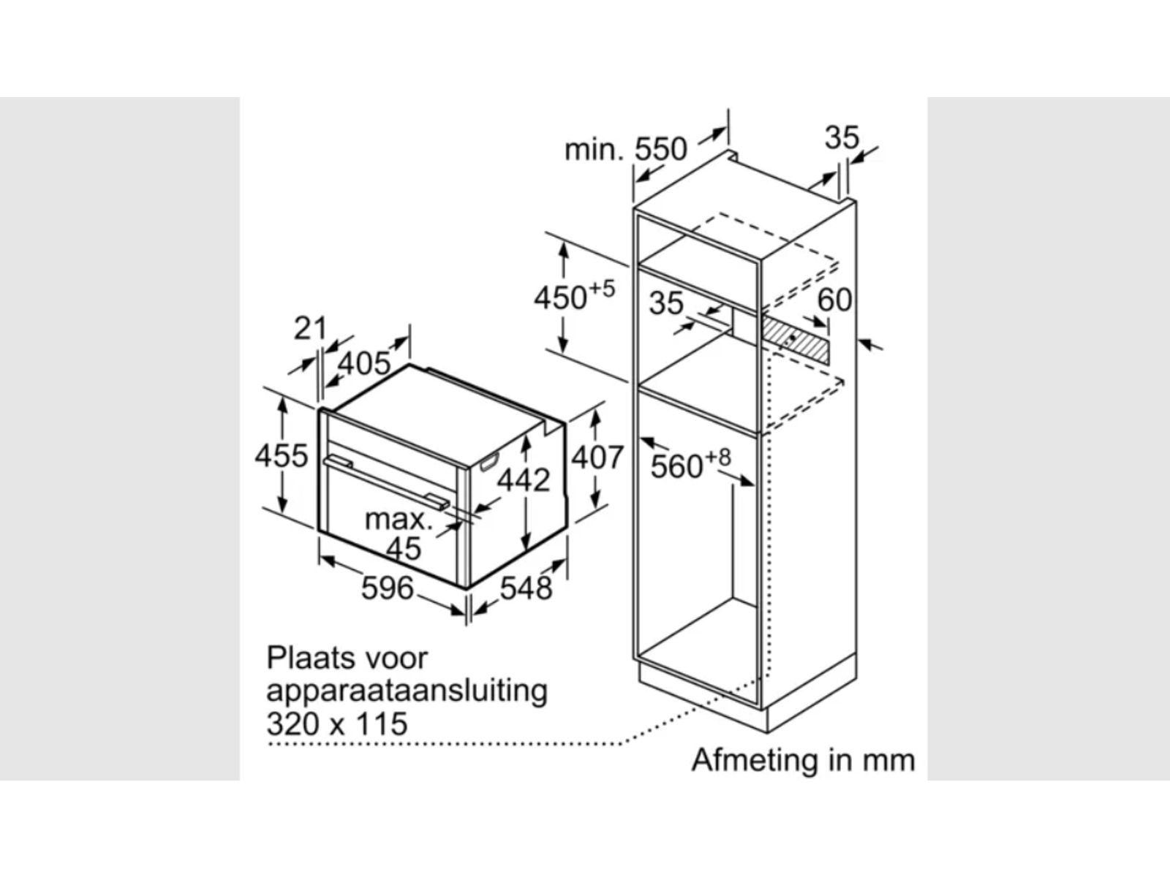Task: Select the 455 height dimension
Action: point(282,456)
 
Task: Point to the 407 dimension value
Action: point(597,458)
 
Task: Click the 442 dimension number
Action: point(524,480)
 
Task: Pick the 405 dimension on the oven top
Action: point(365,365)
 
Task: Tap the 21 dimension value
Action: point(310,329)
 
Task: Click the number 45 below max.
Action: point(404,548)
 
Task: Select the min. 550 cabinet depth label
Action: point(626,150)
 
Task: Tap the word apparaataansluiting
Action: point(407,691)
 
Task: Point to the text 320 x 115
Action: point(337,724)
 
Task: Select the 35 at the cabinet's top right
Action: point(842,137)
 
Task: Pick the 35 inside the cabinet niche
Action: point(666,303)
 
